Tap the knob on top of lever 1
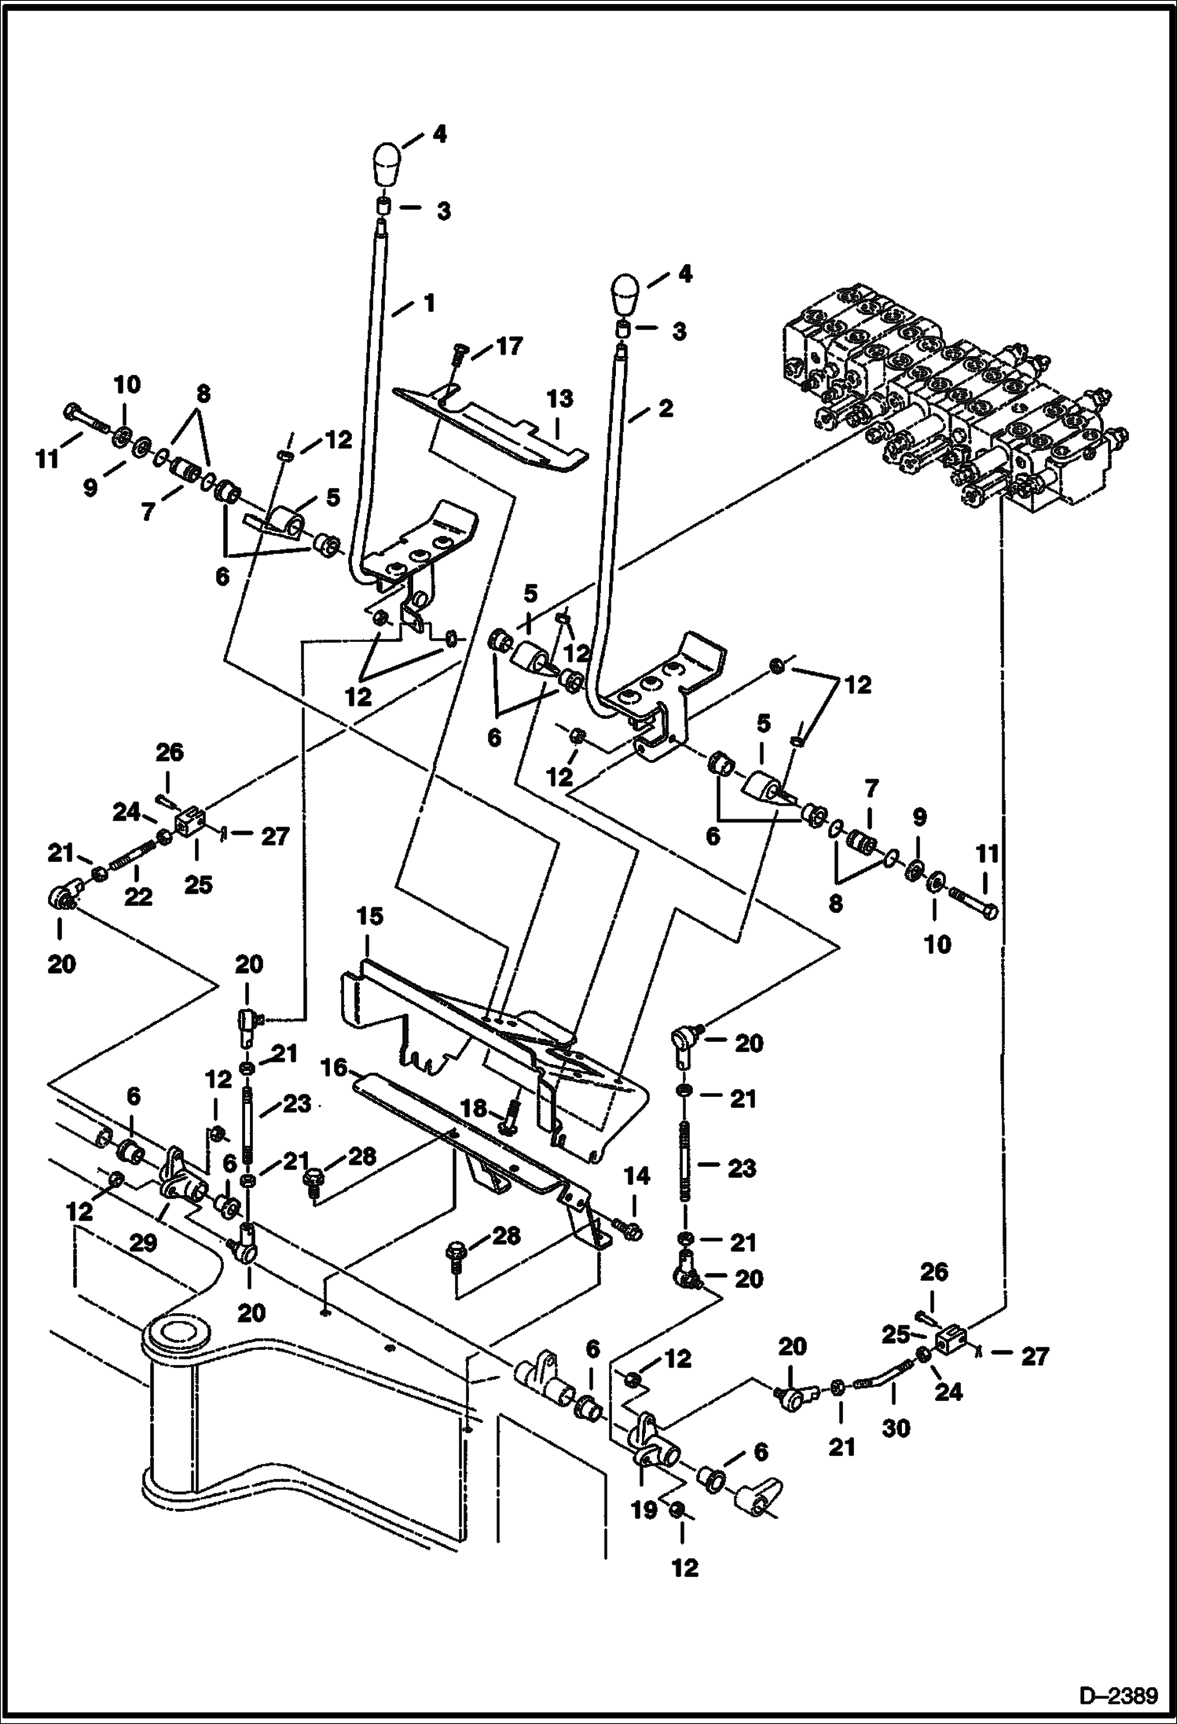click(x=387, y=163)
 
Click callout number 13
click(x=560, y=398)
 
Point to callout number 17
click(x=508, y=346)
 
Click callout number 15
click(x=369, y=916)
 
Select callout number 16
click(x=333, y=1066)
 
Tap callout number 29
click(x=142, y=1242)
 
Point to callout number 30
click(x=896, y=1427)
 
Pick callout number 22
click(x=138, y=896)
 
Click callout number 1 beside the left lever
click(x=429, y=303)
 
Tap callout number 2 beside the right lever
click(x=665, y=409)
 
